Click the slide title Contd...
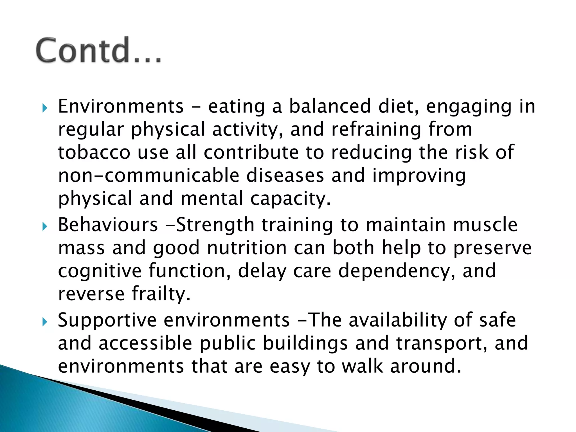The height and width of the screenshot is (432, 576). pos(98,50)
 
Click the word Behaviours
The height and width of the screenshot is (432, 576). pos(108,225)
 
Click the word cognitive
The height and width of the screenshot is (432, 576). pos(100,271)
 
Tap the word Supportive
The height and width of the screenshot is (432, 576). pos(107,321)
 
